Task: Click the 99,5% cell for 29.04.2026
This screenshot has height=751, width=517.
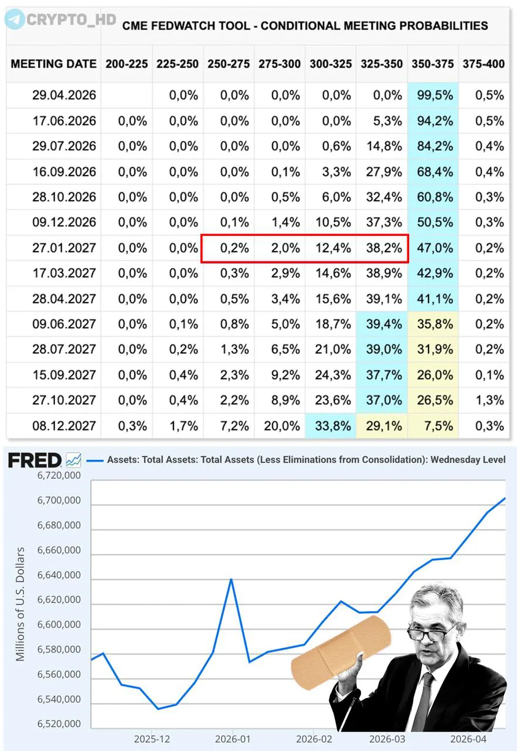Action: (433, 95)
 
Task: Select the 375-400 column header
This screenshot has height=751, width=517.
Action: (483, 64)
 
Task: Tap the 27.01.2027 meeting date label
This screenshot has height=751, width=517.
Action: (64, 248)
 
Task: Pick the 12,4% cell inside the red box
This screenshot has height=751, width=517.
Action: (331, 248)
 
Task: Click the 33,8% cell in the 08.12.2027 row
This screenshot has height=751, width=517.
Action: (331, 425)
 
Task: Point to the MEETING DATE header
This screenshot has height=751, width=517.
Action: (53, 64)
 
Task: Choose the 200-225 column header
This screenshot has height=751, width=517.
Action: (127, 64)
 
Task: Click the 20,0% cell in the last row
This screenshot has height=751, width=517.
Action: (281, 425)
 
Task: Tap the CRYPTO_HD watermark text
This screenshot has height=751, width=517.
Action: (72, 19)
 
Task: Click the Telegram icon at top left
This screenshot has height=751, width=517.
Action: (15, 19)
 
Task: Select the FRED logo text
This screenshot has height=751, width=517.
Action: (35, 461)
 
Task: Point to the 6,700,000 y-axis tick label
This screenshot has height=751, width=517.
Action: (59, 501)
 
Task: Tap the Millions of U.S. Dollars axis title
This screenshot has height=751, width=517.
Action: (21, 604)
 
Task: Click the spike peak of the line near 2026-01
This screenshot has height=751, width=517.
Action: (231, 579)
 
